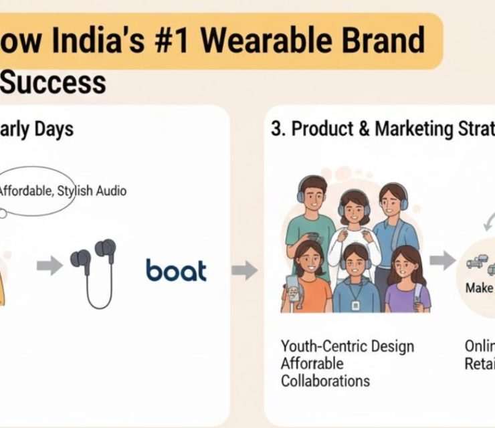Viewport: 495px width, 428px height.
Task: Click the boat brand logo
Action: pyautogui.click(x=177, y=270)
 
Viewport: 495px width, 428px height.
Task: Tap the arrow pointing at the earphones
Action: pyautogui.click(x=49, y=265)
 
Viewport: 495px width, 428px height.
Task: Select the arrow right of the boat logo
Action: pyautogui.click(x=244, y=270)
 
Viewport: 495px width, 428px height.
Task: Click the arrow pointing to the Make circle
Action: pyautogui.click(x=441, y=260)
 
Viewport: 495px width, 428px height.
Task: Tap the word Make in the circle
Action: pyautogui.click(x=480, y=288)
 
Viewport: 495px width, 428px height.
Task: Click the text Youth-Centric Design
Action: pyautogui.click(x=347, y=346)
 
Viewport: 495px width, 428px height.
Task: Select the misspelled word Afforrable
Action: pyautogui.click(x=312, y=364)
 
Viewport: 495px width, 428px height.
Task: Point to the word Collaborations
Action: pyautogui.click(x=325, y=381)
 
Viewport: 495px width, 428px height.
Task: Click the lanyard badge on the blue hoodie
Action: pyautogui.click(x=356, y=306)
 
